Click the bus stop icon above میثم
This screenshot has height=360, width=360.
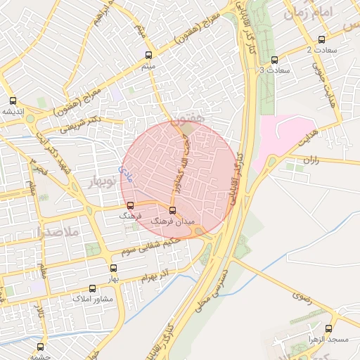[148, 54]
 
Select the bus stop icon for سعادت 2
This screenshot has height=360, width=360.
[321, 39]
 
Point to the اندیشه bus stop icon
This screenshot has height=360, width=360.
[13, 100]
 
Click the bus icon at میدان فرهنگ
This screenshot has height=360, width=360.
[173, 210]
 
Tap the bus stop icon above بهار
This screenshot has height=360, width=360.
[114, 268]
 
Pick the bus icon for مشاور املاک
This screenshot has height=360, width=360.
[92, 288]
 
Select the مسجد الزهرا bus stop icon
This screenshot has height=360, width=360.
[328, 328]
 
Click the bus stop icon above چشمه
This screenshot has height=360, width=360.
[39, 346]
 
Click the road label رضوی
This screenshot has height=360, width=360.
[303, 297]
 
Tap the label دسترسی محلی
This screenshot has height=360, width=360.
[219, 293]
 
